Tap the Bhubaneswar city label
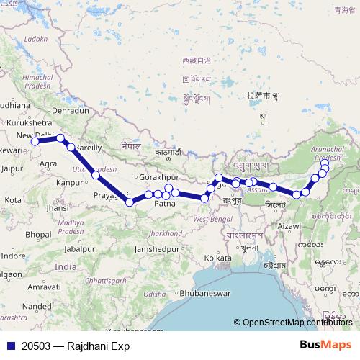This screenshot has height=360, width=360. [x=204, y=294]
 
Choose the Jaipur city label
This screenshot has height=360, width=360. [x=12, y=168]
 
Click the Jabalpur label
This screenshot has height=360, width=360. [x=79, y=248]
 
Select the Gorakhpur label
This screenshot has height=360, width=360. [x=158, y=176]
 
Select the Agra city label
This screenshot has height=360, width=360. [x=49, y=163]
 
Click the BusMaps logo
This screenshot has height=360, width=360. [x=326, y=345]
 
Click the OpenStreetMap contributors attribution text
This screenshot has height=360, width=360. [x=297, y=323]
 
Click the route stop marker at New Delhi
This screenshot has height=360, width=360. [x=35, y=141]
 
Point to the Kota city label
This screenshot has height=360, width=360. [x=12, y=199]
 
